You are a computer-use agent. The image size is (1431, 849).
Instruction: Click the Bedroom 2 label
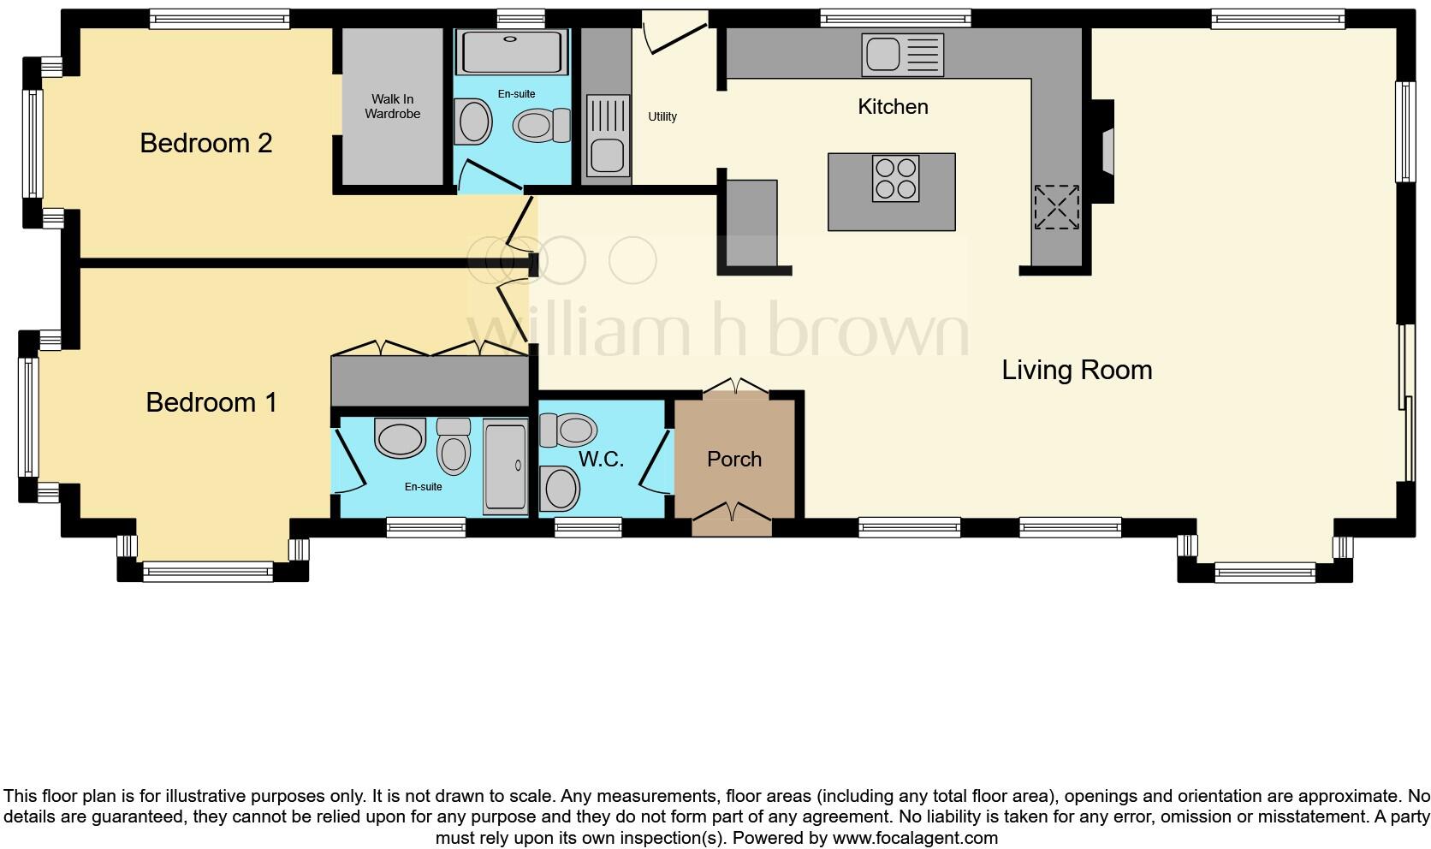point(205,143)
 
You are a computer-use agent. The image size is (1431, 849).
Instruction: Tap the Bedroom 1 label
point(211,402)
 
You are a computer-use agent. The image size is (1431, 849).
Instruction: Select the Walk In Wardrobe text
point(392,106)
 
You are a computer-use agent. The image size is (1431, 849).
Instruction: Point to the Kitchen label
point(893,107)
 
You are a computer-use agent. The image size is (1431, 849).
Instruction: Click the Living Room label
point(1077,370)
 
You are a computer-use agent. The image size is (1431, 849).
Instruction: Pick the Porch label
point(734,460)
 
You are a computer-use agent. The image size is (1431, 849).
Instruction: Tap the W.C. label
point(601,460)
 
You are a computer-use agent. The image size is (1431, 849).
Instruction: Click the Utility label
point(662,116)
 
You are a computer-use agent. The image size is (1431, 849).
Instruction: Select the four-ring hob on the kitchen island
point(895,178)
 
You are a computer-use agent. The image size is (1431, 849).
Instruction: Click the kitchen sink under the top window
point(883,55)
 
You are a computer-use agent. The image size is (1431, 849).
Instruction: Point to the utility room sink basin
point(607,157)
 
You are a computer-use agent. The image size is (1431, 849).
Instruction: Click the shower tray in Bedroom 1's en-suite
point(506,466)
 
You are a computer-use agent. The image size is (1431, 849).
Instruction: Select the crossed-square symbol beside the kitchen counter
point(1056,206)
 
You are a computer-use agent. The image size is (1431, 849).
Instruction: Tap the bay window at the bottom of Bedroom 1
point(208,571)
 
